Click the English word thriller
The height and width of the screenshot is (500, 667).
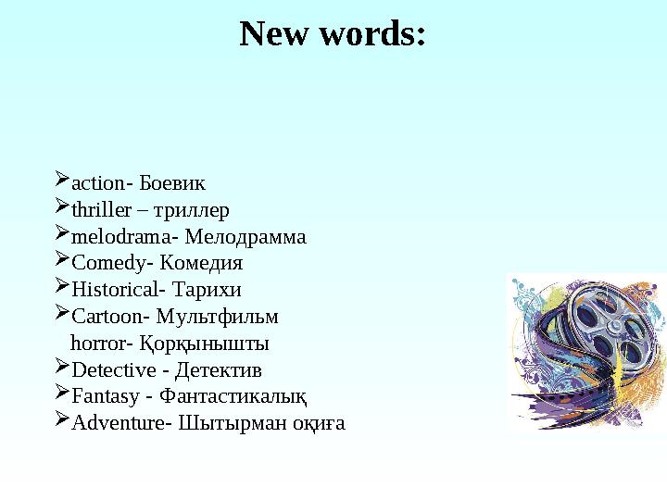click(x=102, y=211)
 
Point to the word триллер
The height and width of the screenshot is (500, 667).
click(x=191, y=211)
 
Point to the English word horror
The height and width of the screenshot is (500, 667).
click(x=98, y=344)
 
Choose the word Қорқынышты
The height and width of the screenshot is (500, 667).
click(x=204, y=344)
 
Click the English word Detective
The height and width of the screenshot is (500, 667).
click(x=114, y=371)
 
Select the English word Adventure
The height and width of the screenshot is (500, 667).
click(x=118, y=425)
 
